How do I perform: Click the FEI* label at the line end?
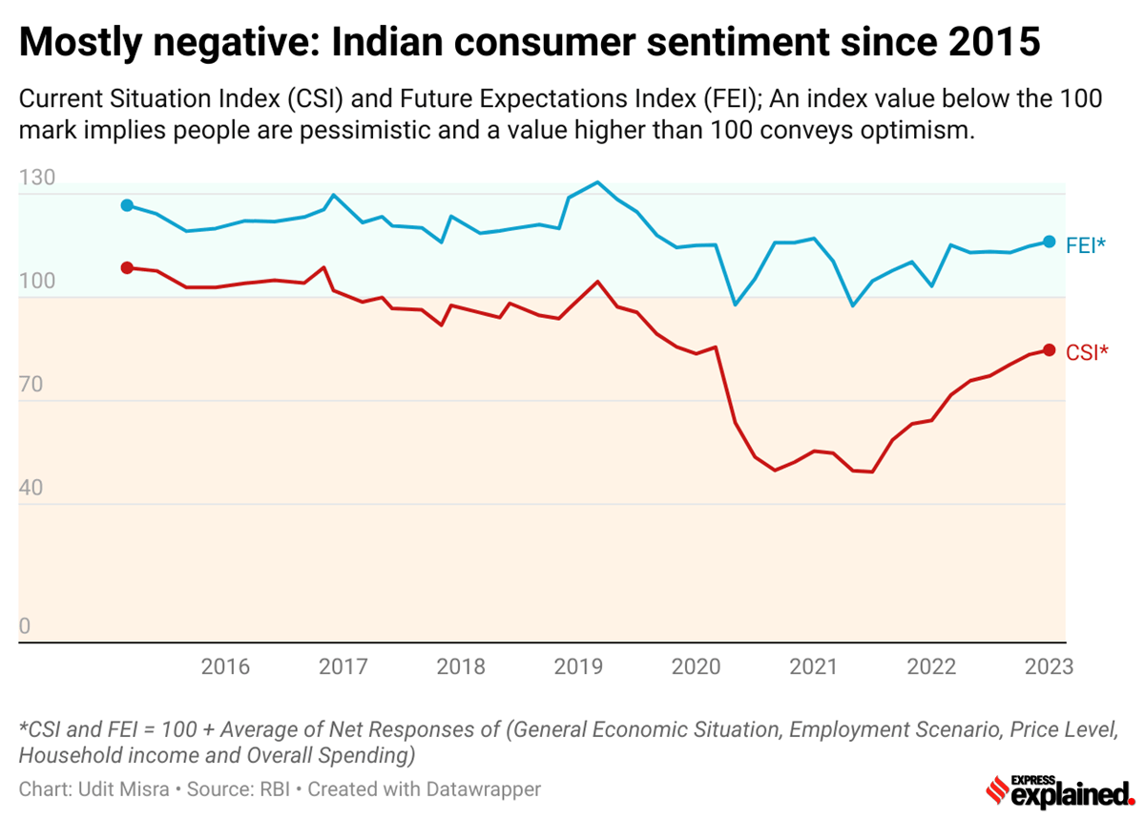pos(1086,243)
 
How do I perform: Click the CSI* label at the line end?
pos(1087,352)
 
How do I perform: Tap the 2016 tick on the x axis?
pos(225,666)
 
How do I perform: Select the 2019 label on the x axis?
pos(578,666)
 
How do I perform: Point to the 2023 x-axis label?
pos(1049,666)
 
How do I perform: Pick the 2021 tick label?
pos(813,666)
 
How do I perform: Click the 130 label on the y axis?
pos(37,179)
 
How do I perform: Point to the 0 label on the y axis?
pos(26,627)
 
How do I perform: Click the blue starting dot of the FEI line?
pos(127,205)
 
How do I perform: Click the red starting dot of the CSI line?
pos(127,267)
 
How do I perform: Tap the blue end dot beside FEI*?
pos(1049,242)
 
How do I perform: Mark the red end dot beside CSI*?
pos(1049,350)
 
